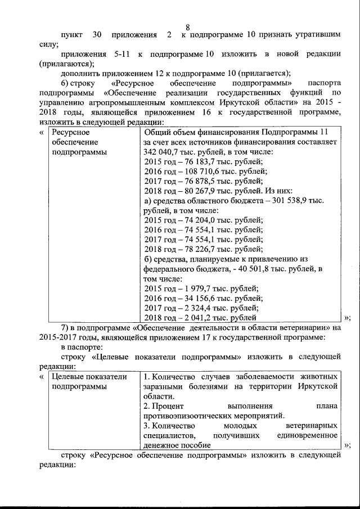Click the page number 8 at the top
[188, 27]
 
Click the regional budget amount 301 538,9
[298, 200]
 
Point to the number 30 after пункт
[96, 35]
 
